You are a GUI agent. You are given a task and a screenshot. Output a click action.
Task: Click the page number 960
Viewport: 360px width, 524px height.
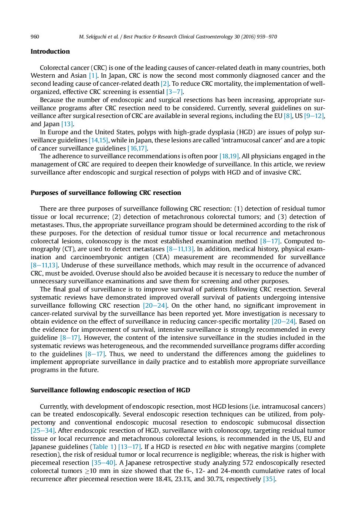(x=35, y=37)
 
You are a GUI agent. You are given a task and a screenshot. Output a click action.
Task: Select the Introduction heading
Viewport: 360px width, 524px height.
(x=50, y=51)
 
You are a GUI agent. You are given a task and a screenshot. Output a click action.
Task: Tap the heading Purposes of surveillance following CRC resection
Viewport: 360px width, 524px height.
(x=106, y=193)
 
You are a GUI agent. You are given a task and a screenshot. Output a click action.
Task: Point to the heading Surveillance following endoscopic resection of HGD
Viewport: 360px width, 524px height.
(x=110, y=390)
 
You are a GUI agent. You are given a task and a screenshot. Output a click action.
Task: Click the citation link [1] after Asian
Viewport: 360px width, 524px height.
(x=93, y=76)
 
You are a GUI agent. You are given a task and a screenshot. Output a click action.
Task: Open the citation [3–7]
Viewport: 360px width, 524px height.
(x=174, y=92)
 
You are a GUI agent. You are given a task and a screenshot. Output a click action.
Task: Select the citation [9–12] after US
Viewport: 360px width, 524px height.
(x=314, y=116)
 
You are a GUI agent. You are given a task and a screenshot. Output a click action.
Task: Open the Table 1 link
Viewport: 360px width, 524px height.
(x=103, y=447)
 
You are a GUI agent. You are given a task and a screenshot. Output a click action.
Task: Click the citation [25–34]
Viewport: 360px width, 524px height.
(x=43, y=430)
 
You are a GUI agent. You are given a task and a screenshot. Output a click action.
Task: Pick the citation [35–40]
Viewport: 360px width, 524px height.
(x=103, y=463)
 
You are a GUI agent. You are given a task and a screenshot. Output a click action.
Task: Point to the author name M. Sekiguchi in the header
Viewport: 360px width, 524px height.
(x=95, y=37)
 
